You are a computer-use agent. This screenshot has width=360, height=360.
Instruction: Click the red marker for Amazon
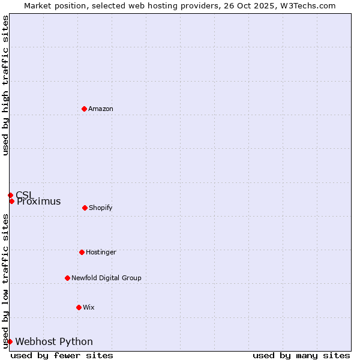pyautogui.click(x=84, y=109)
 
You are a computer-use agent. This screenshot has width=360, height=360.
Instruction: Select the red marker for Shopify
pyautogui.click(x=85, y=208)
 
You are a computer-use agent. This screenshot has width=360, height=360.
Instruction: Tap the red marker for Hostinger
pyautogui.click(x=82, y=252)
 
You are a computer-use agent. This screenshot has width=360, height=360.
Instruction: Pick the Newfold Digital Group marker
pyautogui.click(x=67, y=278)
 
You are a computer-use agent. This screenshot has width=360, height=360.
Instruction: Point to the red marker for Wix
pyautogui.click(x=79, y=307)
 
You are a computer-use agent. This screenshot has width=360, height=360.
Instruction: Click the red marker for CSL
pyautogui.click(x=10, y=195)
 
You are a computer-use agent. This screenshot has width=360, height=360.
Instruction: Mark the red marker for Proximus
pyautogui.click(x=11, y=201)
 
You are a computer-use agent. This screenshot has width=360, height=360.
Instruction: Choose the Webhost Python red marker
pyautogui.click(x=10, y=341)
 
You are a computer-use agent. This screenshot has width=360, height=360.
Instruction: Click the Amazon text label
pyautogui.click(x=101, y=109)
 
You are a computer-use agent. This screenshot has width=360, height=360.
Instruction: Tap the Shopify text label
pyautogui.click(x=101, y=208)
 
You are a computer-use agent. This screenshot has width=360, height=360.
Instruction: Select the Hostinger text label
pyautogui.click(x=101, y=252)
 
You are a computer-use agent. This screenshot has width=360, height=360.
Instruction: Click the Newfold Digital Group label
pyautogui.click(x=106, y=278)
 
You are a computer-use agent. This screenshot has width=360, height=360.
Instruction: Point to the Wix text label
pyautogui.click(x=89, y=307)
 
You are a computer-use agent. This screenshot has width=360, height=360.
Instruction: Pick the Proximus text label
pyautogui.click(x=39, y=202)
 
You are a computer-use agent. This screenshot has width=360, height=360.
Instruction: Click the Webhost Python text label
pyautogui.click(x=54, y=342)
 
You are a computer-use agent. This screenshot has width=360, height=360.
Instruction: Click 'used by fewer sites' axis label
pyautogui.click(x=62, y=355)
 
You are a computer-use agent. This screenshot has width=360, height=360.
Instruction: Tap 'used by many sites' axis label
pyautogui.click(x=301, y=355)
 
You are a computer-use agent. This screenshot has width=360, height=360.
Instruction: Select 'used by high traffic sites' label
pyautogui.click(x=5, y=85)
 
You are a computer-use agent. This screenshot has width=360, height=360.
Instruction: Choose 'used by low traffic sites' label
pyautogui.click(x=5, y=281)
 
